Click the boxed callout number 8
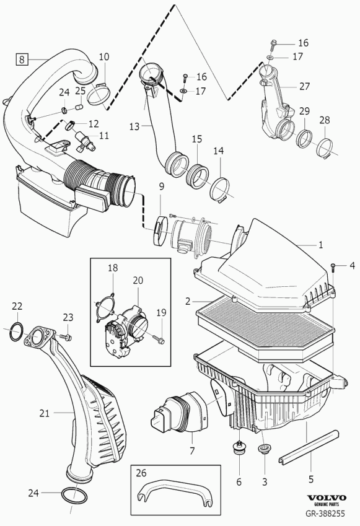[x=22, y=59]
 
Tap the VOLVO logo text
[x=327, y=498]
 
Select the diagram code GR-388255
[x=325, y=513]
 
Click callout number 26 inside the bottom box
[x=142, y=473]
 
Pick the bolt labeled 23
[x=67, y=336]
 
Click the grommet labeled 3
[x=263, y=449]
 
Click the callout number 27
[x=304, y=87]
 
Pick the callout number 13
[x=134, y=126]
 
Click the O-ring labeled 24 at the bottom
[x=74, y=494]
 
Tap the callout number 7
[x=192, y=451]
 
